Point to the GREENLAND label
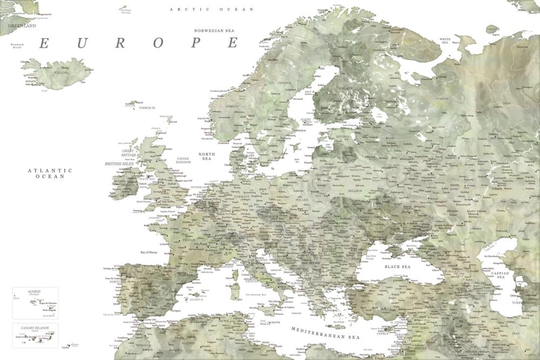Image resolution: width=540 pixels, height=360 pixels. coord(22,25)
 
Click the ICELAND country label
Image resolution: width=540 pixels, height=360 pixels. coord(61,72)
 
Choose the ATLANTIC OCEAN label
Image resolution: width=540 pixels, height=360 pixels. coord(50,173)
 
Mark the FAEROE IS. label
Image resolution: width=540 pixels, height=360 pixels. coord(147,108)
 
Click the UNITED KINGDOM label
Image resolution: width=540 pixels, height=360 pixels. coord(184,160)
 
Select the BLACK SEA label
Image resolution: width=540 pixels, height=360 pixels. coord(397,267)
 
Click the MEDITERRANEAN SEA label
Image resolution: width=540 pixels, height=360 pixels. coord(325,333)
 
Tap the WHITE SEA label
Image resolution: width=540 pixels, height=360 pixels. coord(446,41)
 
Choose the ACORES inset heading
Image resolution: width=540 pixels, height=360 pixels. coord(34,291)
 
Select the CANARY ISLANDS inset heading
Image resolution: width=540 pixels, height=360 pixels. coord(35,328)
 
